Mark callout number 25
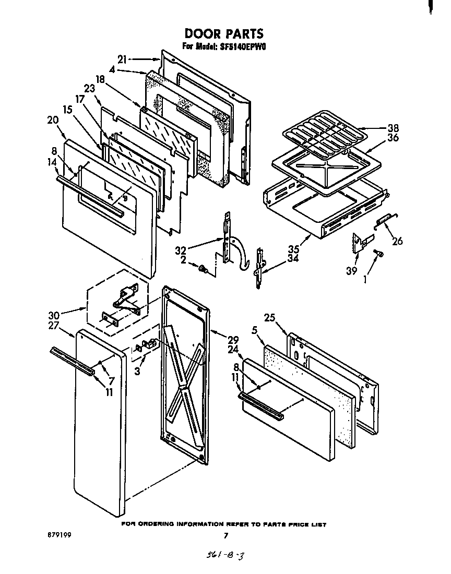[269, 317]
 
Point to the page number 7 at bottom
[225, 535]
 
